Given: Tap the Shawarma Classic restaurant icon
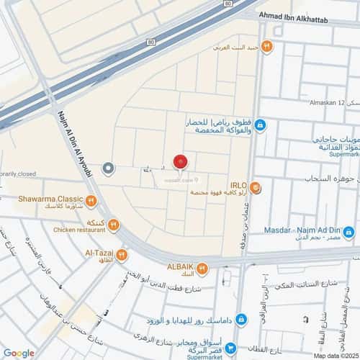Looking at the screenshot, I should click(x=91, y=201).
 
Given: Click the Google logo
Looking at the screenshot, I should click(x=19, y=352).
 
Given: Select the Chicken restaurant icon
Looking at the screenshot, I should click(x=114, y=226).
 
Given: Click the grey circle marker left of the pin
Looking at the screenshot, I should click(x=109, y=168).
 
